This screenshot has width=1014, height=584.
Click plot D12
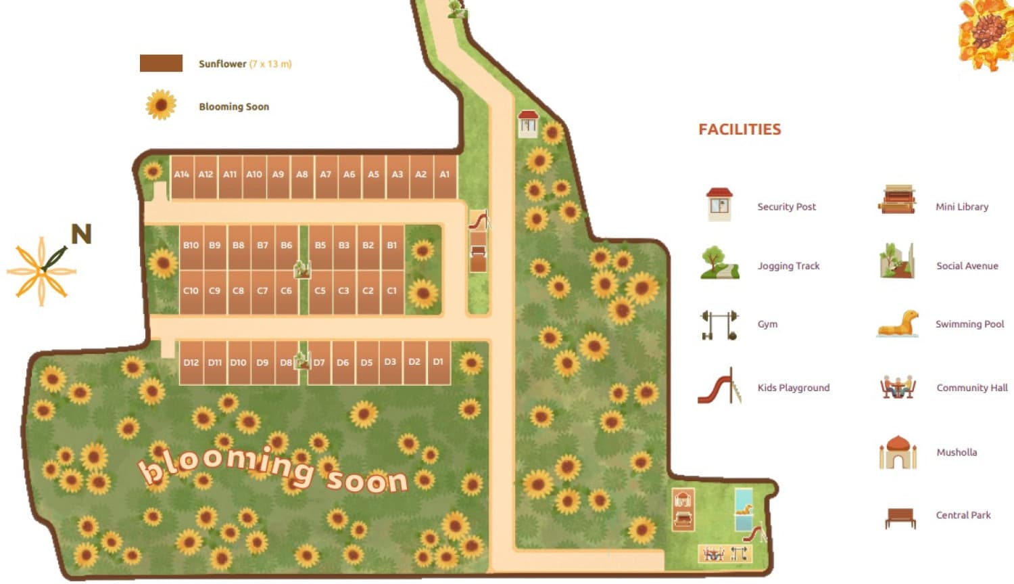pyautogui.click(x=191, y=363)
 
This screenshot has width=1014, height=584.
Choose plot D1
pyautogui.click(x=439, y=363)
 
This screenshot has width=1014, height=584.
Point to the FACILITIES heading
pyautogui.click(x=740, y=129)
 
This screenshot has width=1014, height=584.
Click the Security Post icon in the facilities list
pyautogui.click(x=719, y=204)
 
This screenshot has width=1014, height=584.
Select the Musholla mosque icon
pyautogui.click(x=898, y=452)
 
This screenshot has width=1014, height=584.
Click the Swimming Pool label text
pyautogui.click(x=969, y=324)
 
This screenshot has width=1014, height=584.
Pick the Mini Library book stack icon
pyautogui.click(x=897, y=200)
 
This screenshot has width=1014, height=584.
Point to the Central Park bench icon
pyautogui.click(x=900, y=518)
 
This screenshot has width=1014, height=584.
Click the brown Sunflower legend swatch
pyautogui.click(x=161, y=64)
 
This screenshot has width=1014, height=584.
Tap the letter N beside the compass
pyautogui.click(x=81, y=235)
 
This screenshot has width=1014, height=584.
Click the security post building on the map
pyautogui.click(x=528, y=124)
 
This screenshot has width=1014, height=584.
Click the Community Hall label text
pyautogui.click(x=971, y=388)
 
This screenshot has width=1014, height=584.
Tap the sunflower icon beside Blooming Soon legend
pyautogui.click(x=161, y=105)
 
